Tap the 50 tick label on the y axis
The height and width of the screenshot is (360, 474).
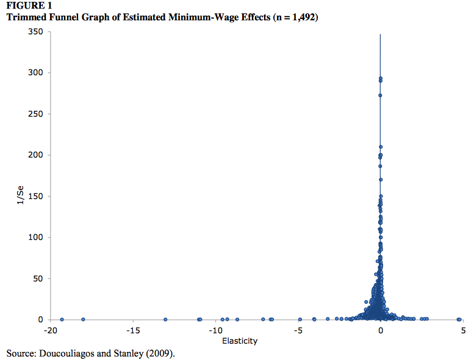point(37,279)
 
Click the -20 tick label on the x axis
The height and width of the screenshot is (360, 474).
point(51,331)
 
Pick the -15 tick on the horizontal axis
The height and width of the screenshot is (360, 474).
point(133,331)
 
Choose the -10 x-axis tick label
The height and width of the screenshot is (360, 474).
point(215,331)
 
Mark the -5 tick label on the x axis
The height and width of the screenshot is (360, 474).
point(298,331)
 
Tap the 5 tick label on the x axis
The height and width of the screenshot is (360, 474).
point(463,331)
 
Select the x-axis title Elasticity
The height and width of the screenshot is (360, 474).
point(240,340)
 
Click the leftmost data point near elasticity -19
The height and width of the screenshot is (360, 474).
point(62,319)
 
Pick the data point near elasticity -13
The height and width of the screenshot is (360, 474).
point(165,319)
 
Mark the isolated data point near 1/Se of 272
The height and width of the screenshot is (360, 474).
point(380,95)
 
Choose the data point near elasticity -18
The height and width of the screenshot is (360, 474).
point(83,319)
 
